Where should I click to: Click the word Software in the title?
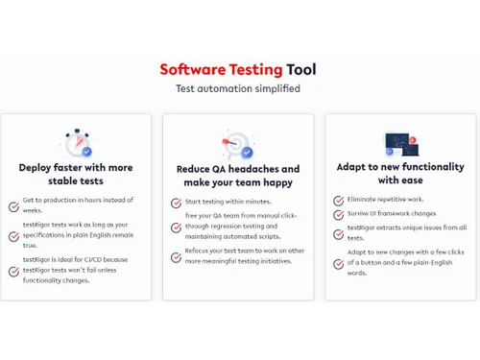[192, 70]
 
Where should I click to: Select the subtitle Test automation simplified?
[237, 89]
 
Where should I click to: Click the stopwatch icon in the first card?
[76, 143]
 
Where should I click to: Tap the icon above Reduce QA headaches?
[237, 144]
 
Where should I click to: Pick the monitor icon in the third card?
[400, 143]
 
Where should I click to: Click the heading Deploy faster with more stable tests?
[76, 174]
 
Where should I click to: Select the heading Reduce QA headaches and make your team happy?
[238, 176]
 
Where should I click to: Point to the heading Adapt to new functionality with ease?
[400, 174]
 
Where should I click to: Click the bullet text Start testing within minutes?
[228, 202]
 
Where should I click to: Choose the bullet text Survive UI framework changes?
[392, 213]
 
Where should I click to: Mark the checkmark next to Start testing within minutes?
[176, 203]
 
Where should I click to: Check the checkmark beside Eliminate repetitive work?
[338, 201]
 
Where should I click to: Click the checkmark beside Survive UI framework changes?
[338, 214]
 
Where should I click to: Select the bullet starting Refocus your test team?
[244, 255]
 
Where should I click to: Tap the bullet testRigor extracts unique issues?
[407, 232]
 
